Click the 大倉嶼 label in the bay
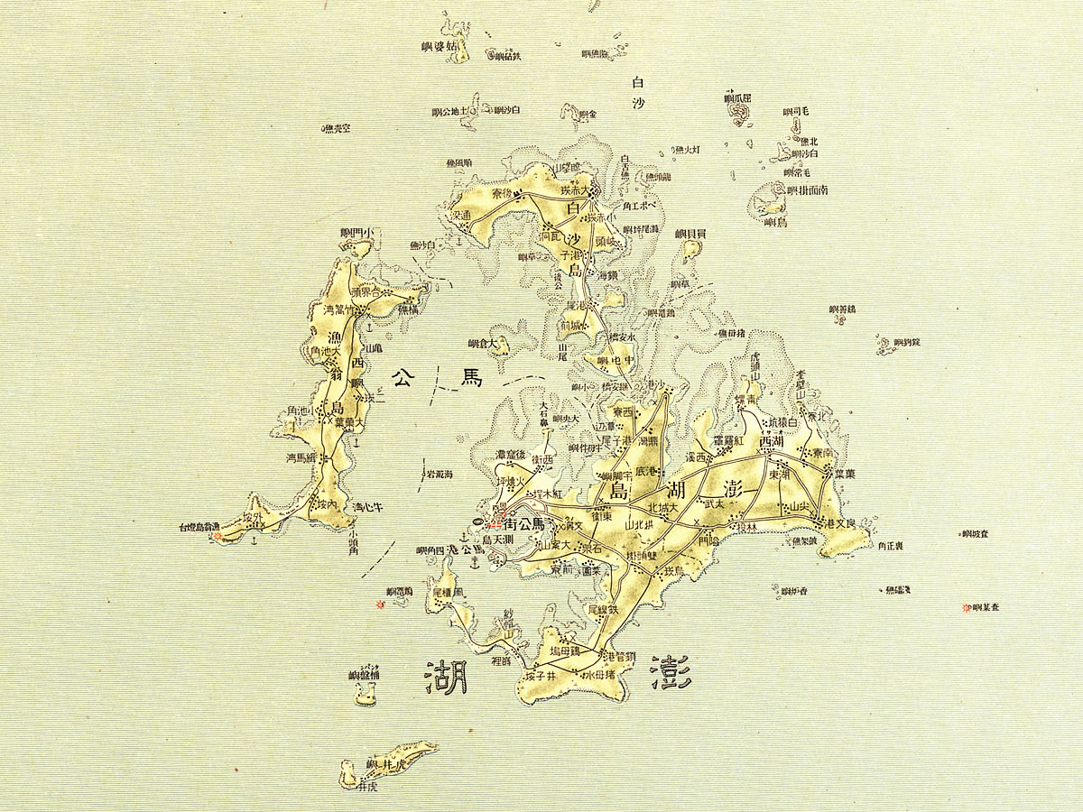pyautogui.click(x=482, y=344)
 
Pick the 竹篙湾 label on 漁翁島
pyautogui.click(x=340, y=309)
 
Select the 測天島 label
pyautogui.click(x=498, y=540)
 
